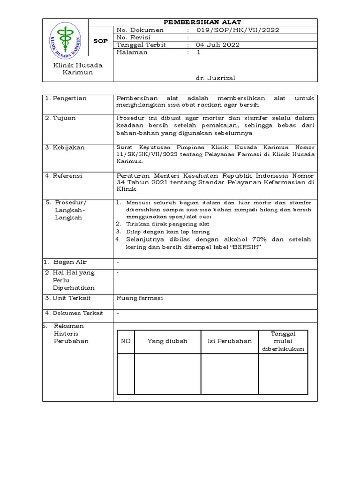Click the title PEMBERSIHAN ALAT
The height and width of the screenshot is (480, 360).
(202, 22)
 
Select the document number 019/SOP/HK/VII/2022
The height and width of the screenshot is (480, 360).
(239, 30)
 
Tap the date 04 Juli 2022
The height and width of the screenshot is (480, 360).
(218, 45)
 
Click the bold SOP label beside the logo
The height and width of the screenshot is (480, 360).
(100, 41)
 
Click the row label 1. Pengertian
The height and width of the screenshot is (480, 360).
(66, 98)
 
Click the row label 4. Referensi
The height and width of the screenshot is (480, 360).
(64, 175)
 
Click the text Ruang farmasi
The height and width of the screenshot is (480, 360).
(139, 298)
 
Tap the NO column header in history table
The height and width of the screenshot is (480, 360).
(126, 341)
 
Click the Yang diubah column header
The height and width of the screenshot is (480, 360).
(167, 341)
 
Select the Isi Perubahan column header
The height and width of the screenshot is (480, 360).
(230, 341)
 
